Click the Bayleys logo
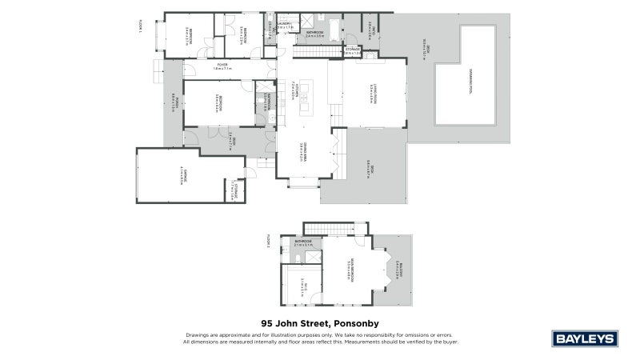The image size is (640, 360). [586, 338]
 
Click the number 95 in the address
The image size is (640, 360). [268, 323]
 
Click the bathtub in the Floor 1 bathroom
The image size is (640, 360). [315, 27]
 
